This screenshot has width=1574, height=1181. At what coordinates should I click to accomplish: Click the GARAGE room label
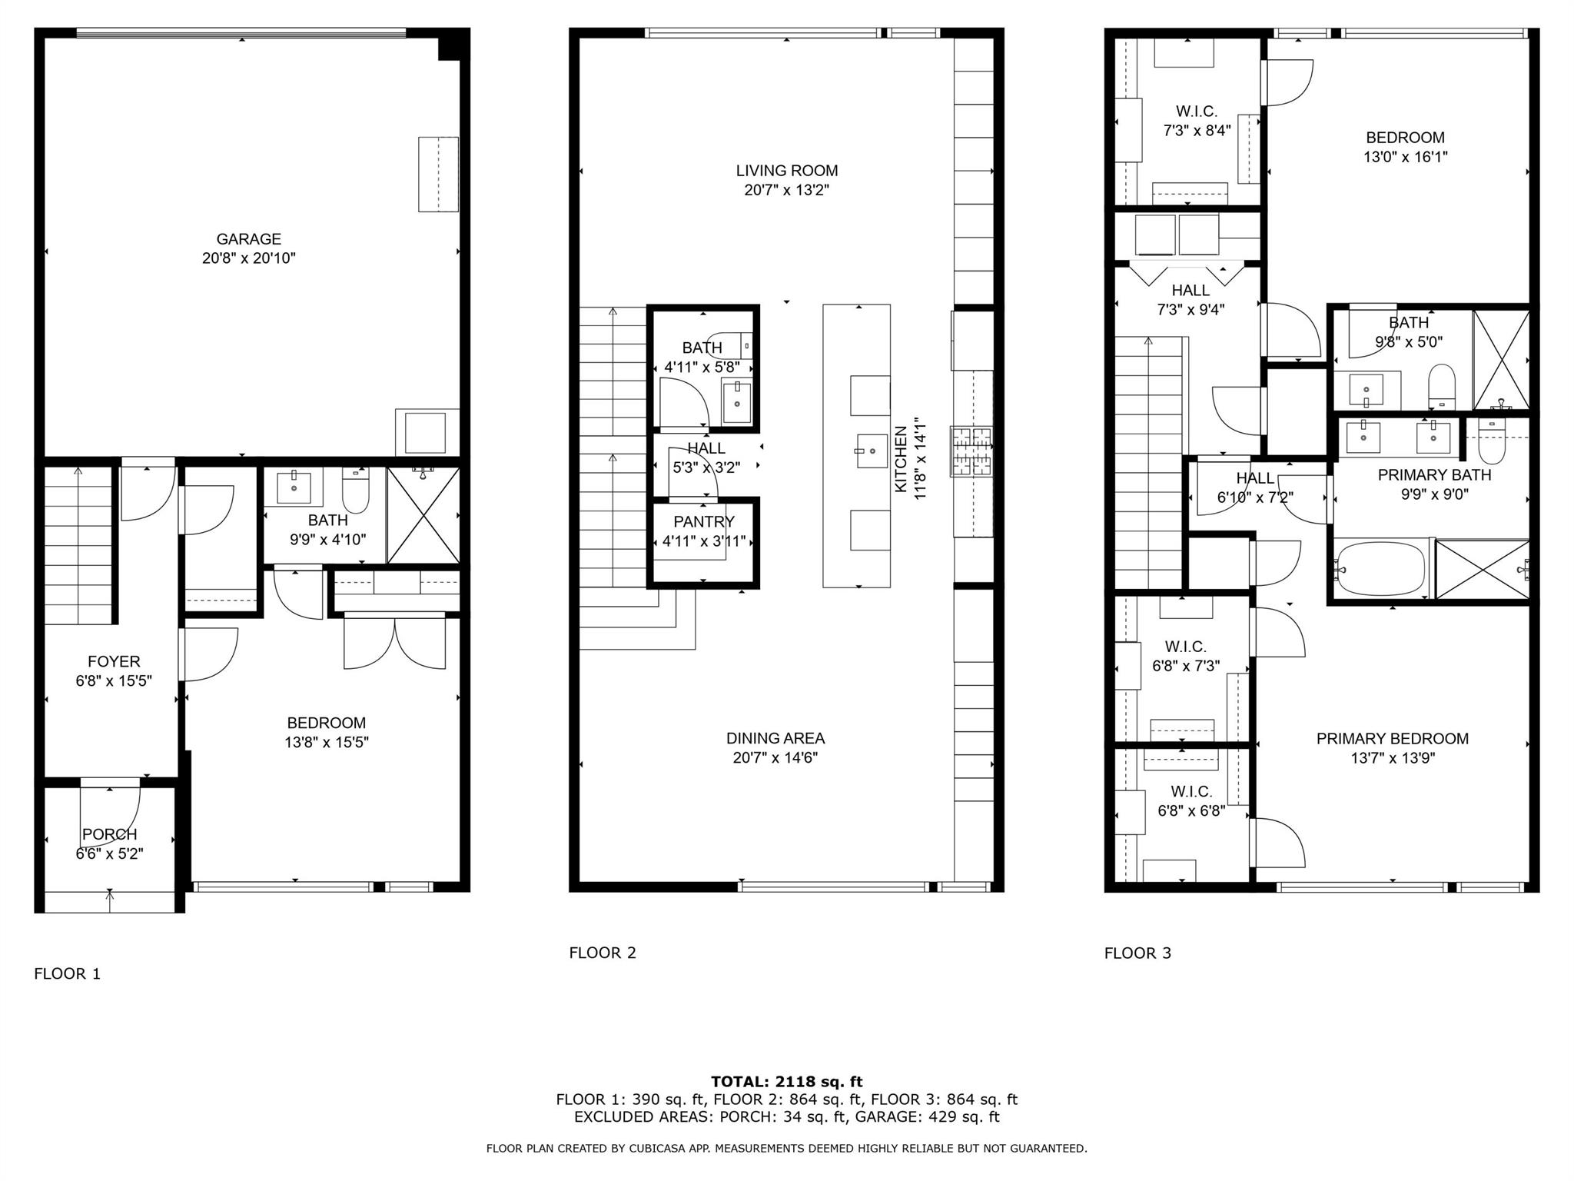(x=248, y=239)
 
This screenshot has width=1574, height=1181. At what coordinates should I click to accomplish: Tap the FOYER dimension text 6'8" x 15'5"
(x=114, y=680)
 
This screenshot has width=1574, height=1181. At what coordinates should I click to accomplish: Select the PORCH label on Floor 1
(x=110, y=834)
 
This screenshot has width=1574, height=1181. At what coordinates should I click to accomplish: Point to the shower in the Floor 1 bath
(x=423, y=514)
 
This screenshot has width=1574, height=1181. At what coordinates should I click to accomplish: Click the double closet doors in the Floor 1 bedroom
(x=394, y=643)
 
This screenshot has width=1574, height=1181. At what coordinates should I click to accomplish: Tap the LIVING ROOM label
(x=786, y=171)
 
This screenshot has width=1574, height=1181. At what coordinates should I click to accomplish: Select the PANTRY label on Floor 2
(x=704, y=522)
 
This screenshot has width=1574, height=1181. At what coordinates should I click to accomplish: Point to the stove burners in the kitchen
(x=972, y=451)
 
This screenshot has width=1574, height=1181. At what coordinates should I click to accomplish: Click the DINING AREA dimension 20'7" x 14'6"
(x=775, y=758)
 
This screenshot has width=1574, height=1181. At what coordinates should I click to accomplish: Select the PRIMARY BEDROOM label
(x=1392, y=739)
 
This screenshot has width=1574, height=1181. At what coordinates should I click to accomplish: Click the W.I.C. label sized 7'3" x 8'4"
(x=1197, y=111)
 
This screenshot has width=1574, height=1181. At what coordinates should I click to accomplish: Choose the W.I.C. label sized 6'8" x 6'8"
(x=1191, y=791)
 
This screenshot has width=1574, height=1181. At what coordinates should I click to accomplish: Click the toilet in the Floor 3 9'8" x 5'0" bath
(x=1441, y=384)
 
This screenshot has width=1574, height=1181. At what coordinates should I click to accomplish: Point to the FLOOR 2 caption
(x=603, y=953)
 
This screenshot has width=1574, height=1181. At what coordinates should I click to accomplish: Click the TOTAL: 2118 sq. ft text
(x=786, y=1082)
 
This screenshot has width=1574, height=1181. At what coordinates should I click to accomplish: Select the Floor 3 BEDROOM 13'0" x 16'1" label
(x=1405, y=138)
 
